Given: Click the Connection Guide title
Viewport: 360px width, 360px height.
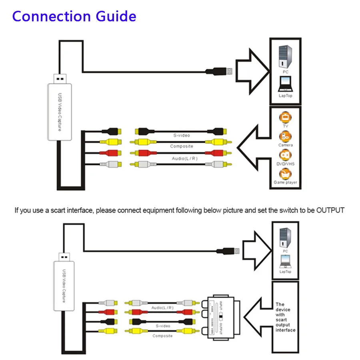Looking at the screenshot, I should [x=74, y=16].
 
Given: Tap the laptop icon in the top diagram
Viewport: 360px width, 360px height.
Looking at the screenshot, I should [x=285, y=84].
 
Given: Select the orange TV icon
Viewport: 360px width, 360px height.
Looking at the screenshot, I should [x=285, y=118].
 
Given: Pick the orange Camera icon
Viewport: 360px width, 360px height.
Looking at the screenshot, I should [x=285, y=136].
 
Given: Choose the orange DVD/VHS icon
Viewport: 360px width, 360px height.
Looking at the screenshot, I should [x=285, y=155].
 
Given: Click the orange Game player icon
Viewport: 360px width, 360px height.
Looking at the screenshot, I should [x=285, y=174].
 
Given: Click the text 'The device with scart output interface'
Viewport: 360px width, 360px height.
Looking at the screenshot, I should [x=285, y=317].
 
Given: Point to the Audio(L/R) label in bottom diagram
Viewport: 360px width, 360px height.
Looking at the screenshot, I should [x=162, y=308].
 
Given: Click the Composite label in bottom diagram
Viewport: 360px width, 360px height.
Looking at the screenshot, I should [x=162, y=336].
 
